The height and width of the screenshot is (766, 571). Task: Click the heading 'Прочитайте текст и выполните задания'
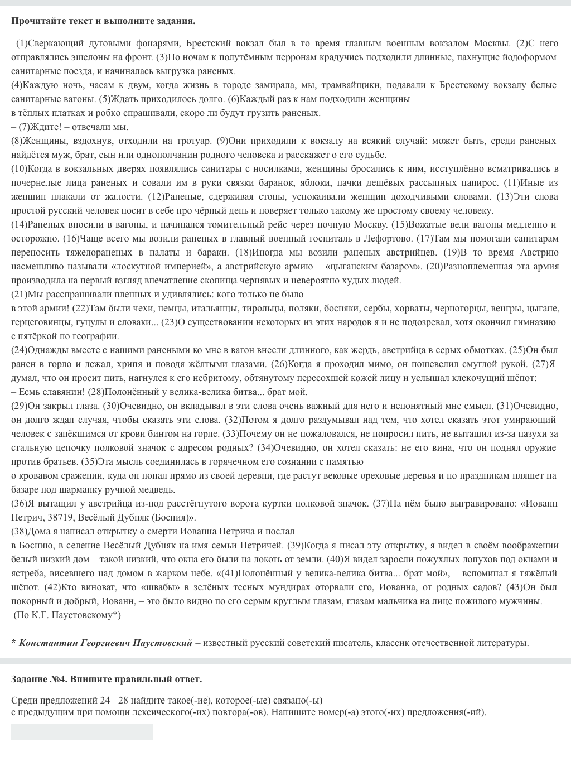[x=103, y=21]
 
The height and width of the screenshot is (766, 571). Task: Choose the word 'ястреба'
[x=27, y=573]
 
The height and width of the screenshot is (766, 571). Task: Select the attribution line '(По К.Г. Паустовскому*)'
[x=67, y=615]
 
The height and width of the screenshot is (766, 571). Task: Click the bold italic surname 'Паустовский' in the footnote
[x=162, y=643]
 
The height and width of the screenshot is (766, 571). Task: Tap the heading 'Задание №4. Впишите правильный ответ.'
[x=107, y=679]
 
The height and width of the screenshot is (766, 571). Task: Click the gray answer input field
[x=82, y=732]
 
